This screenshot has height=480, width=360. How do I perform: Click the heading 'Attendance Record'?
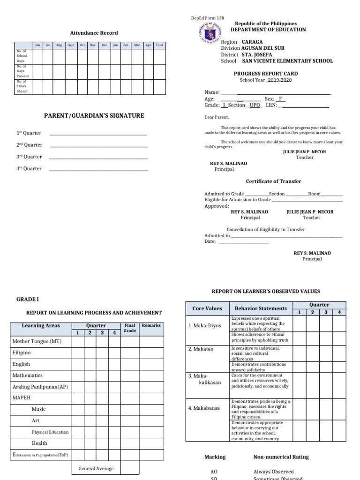click(94, 33)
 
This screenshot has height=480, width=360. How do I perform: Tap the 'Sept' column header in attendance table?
click(71, 45)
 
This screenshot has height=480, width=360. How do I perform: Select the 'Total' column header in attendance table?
click(159, 45)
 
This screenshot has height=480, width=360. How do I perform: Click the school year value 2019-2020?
click(279, 80)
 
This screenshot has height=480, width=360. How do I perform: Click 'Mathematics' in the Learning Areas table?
click(28, 375)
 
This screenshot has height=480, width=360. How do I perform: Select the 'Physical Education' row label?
click(50, 432)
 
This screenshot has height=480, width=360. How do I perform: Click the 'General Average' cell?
click(96, 468)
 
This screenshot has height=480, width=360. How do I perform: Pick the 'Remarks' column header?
click(151, 325)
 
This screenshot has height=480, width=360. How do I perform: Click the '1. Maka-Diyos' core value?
click(204, 326)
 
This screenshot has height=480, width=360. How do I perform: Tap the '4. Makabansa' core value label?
click(204, 408)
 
